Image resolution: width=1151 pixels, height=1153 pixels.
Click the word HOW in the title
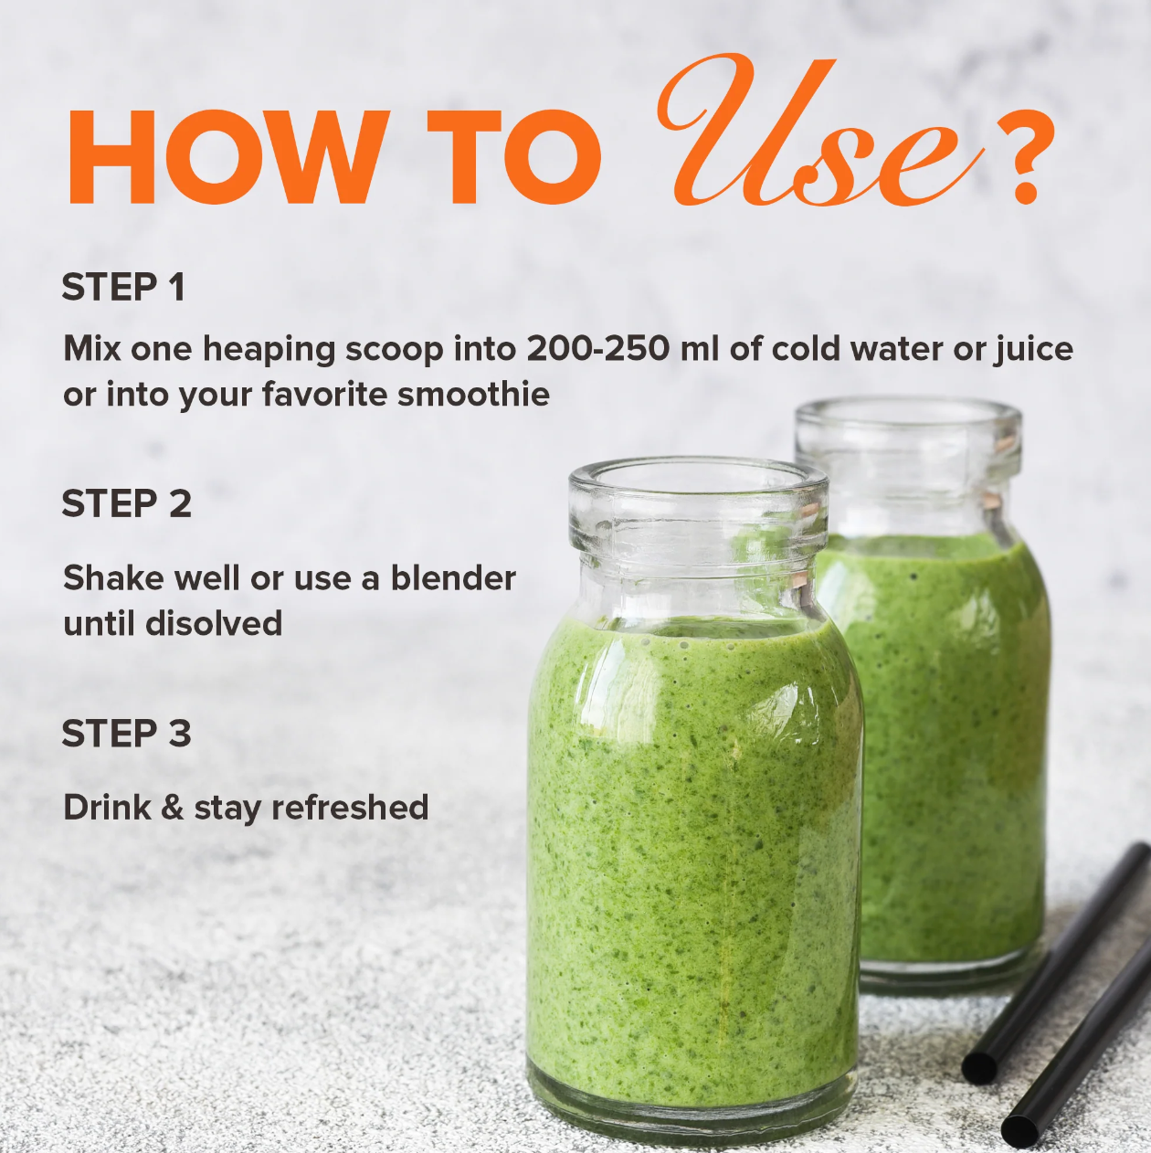coord(224,158)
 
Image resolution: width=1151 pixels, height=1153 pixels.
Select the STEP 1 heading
coord(123,287)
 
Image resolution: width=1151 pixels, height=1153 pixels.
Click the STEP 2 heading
coord(126,503)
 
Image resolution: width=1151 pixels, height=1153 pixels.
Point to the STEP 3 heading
coord(126,733)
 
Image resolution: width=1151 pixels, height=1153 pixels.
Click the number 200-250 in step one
coord(597,349)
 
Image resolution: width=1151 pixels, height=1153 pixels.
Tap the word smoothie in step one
coord(473,395)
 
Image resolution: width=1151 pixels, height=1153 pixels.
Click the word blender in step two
coord(453,578)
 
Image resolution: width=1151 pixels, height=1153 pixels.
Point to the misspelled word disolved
coord(214,623)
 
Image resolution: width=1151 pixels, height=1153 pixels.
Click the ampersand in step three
coord(173,807)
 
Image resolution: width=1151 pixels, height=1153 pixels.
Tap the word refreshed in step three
coord(350,807)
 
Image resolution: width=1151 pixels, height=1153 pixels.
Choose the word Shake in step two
coord(113,578)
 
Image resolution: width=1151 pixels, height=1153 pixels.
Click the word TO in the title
coord(514,158)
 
